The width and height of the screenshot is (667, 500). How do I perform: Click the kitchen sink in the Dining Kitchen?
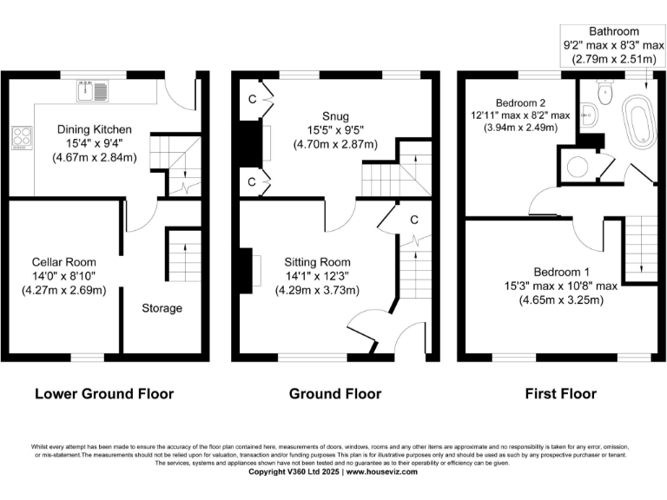click(94, 89)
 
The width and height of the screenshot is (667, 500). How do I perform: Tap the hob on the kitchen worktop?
click(20, 137)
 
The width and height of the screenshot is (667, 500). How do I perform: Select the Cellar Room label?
click(64, 261)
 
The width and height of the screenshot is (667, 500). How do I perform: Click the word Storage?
click(162, 308)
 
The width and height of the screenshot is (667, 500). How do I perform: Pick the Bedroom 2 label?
click(520, 100)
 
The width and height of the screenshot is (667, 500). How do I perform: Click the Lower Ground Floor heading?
click(104, 394)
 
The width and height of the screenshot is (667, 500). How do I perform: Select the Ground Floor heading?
click(334, 394)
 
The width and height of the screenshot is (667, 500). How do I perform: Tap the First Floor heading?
click(561, 394)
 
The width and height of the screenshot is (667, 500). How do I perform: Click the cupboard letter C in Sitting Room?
click(414, 218)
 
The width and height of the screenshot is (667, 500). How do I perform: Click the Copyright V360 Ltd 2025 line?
click(333, 472)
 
